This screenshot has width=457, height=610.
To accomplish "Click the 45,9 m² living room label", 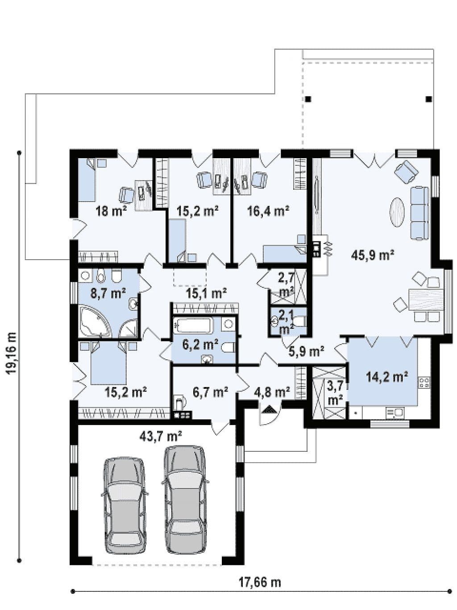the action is click(373, 255).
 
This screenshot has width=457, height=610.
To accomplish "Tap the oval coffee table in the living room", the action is click(397, 212).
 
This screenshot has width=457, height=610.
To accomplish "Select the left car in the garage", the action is click(125, 503).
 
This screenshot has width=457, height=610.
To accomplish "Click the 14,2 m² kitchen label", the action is click(387, 377).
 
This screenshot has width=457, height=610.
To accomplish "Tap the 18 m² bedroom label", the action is click(111, 212).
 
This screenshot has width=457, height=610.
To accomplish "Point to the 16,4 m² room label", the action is click(268, 211).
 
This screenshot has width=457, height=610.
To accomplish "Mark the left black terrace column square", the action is click(308, 99).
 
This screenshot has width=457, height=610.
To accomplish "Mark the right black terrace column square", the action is click(429, 99).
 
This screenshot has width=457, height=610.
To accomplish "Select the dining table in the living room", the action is click(426, 299).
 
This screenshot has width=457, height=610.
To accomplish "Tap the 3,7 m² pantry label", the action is click(335, 394).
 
